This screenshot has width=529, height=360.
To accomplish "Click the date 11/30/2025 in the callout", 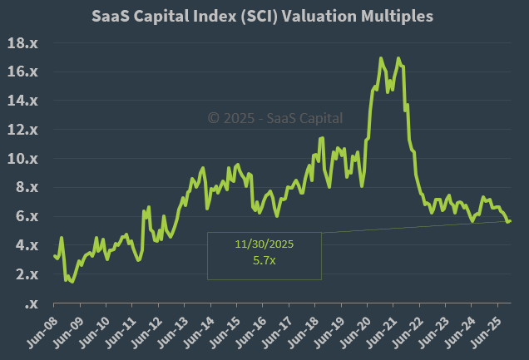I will [x=264, y=245].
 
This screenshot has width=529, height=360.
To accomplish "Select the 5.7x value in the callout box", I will [x=264, y=260].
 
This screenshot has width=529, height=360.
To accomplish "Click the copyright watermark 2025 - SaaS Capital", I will [x=274, y=119].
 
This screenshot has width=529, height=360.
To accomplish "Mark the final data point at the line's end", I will [x=510, y=220].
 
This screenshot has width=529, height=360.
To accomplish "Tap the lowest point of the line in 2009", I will [x=72, y=282].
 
